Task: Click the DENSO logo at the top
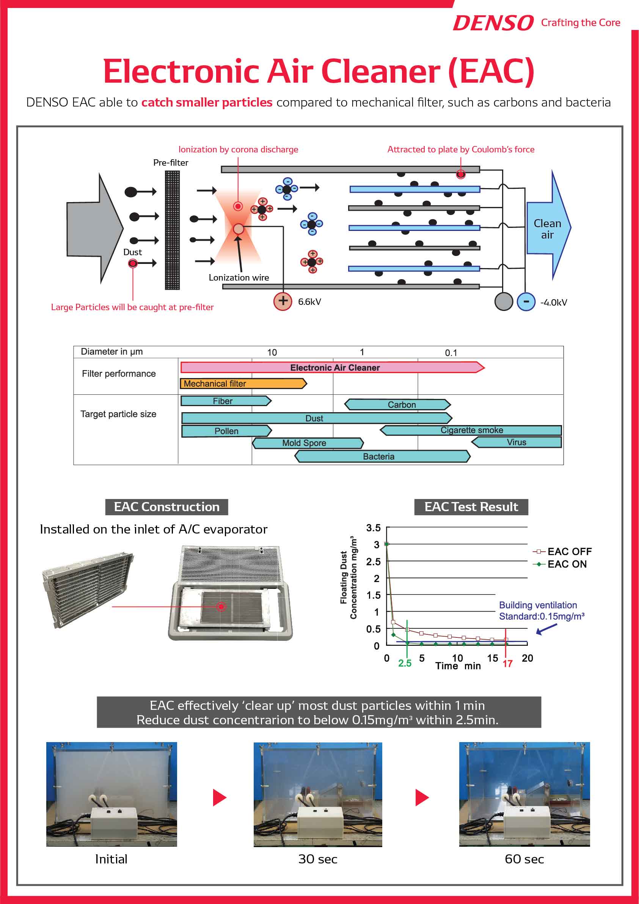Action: (493, 23)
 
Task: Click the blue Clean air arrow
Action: (547, 228)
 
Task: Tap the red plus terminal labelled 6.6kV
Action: (282, 301)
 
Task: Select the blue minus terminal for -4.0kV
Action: (526, 301)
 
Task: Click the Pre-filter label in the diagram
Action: (171, 163)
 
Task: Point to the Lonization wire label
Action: (239, 278)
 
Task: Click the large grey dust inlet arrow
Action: (93, 228)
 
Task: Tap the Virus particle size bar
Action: (517, 442)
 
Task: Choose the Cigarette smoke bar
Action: (471, 430)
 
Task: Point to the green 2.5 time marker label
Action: (404, 663)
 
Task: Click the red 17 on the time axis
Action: (507, 664)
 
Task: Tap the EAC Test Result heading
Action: (471, 507)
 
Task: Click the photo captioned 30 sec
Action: (317, 794)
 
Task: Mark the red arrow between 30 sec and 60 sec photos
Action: (422, 798)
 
